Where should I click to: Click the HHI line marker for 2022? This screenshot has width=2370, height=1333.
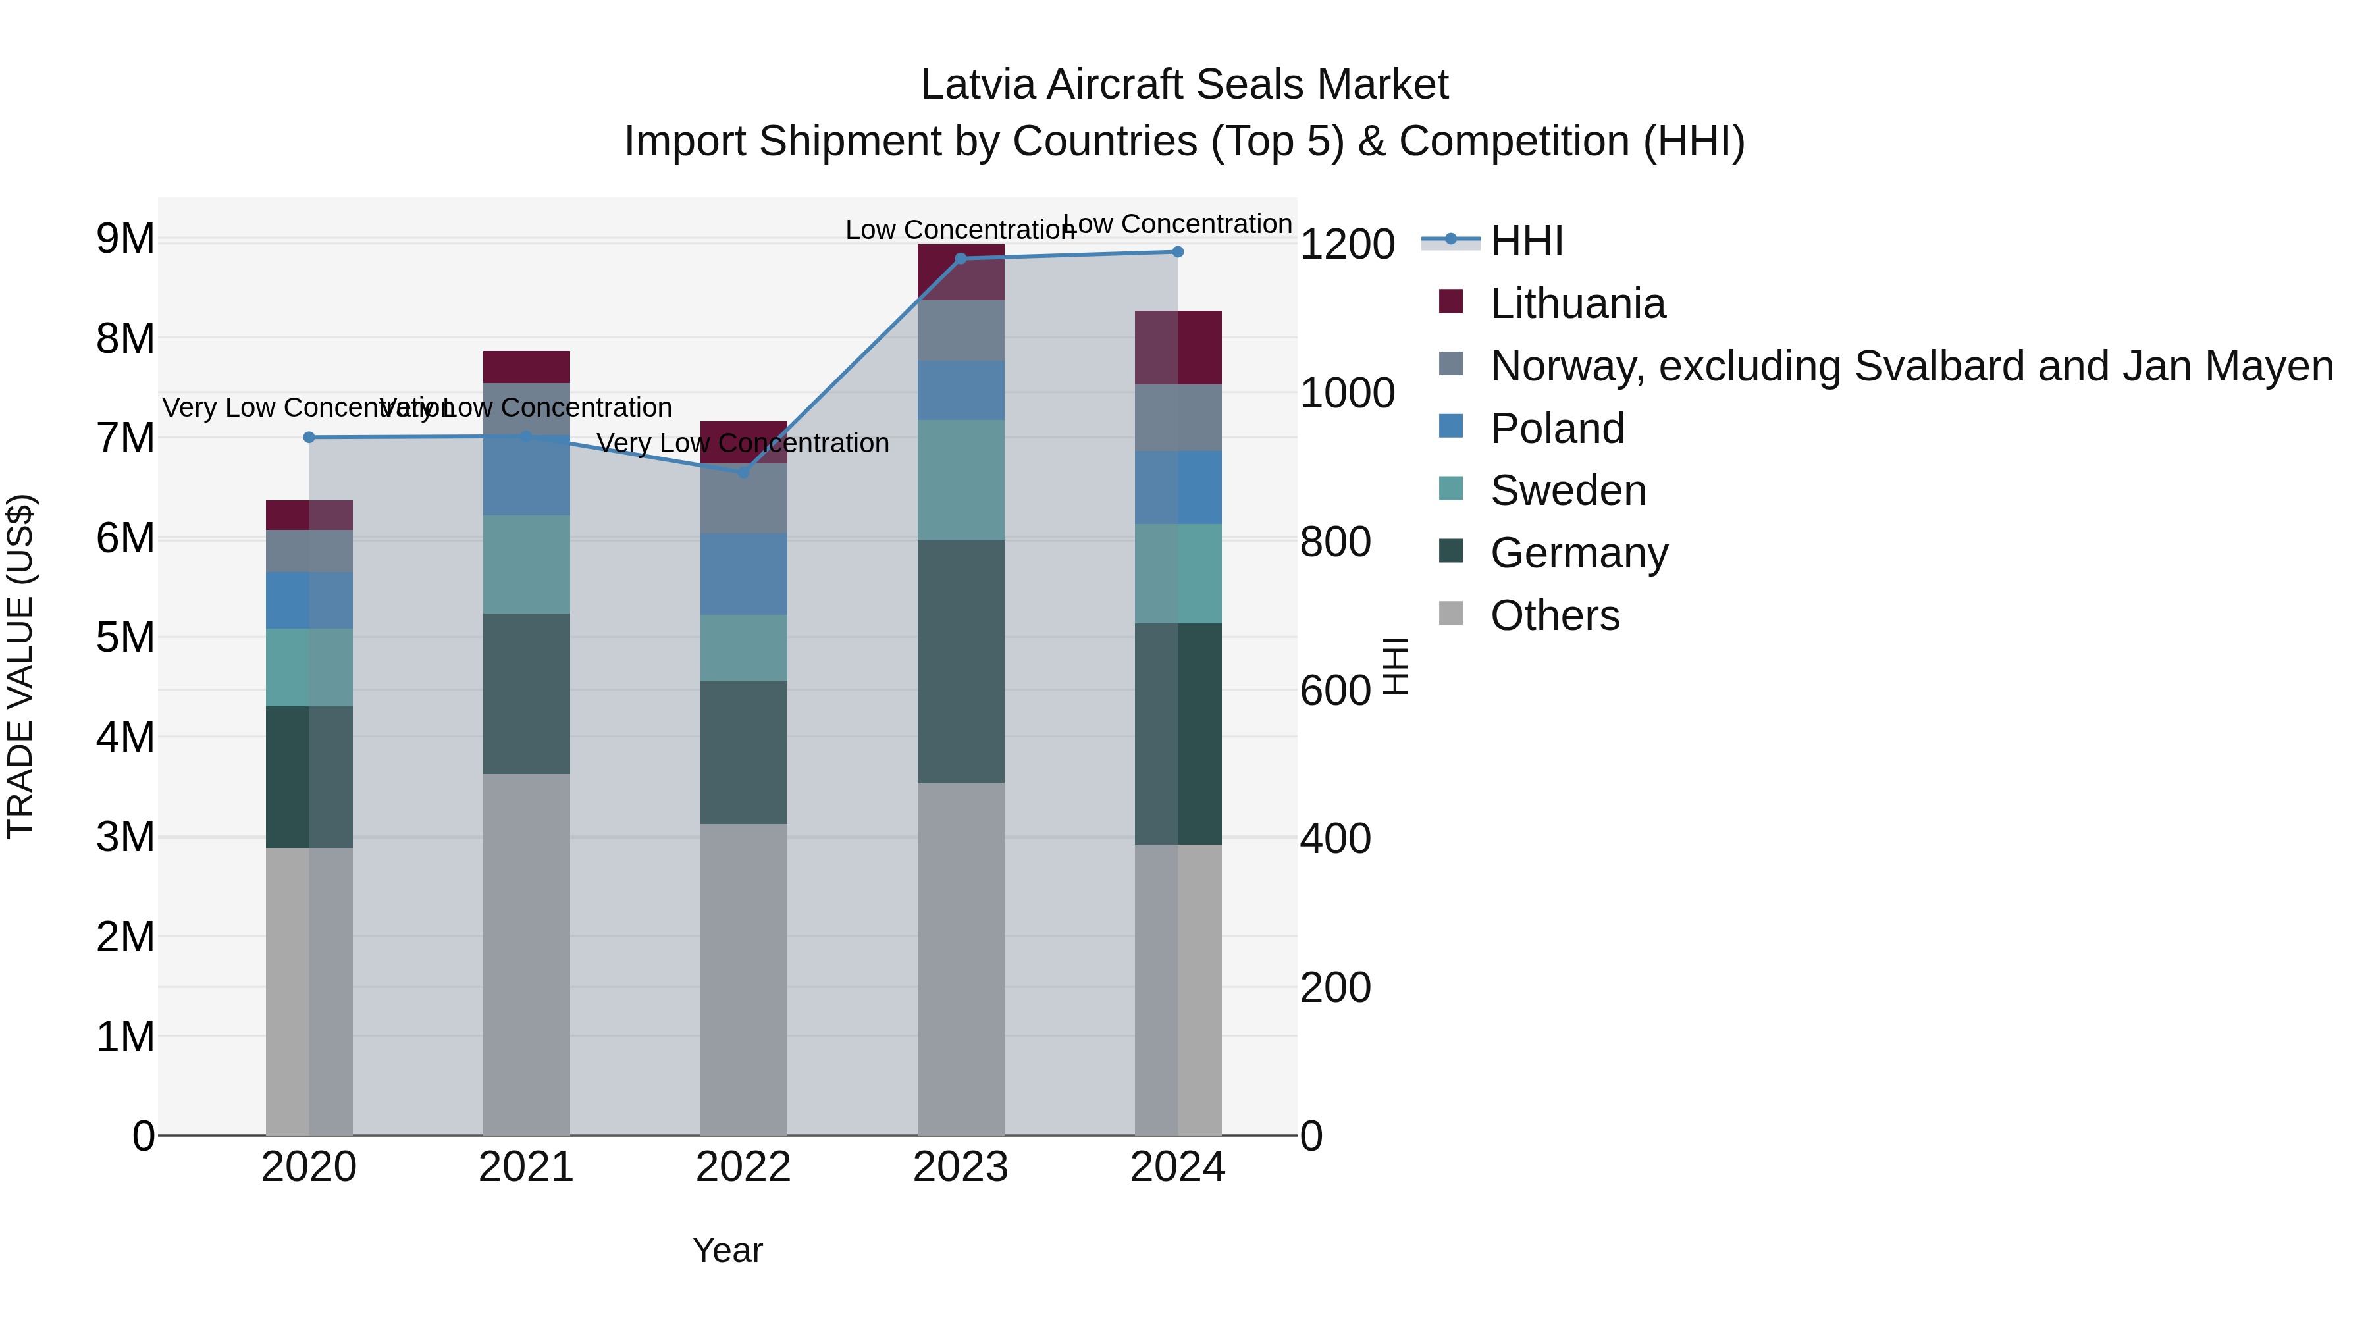click(743, 472)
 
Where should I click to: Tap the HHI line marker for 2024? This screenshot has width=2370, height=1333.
click(1178, 252)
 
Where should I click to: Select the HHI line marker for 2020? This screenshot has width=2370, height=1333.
click(309, 437)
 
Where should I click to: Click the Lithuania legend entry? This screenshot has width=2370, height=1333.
click(1577, 303)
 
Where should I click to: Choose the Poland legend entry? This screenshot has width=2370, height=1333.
click(1557, 429)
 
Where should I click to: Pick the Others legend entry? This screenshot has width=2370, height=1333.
click(1554, 615)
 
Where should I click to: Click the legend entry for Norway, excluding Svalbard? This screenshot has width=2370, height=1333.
click(1911, 366)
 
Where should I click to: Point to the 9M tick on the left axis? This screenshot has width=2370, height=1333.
click(125, 239)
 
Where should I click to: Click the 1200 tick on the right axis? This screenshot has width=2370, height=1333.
click(1347, 245)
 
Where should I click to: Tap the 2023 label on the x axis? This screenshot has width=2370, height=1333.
click(961, 1167)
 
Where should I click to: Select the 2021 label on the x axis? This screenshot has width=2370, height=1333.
click(526, 1167)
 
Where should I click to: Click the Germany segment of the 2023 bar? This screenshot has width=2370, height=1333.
click(961, 662)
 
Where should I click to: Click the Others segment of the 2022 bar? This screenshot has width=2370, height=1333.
click(743, 979)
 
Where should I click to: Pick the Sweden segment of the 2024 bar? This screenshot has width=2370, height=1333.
click(1178, 573)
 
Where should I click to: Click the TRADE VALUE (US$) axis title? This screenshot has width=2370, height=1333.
click(20, 666)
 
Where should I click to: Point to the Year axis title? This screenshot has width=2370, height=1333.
click(727, 1250)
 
